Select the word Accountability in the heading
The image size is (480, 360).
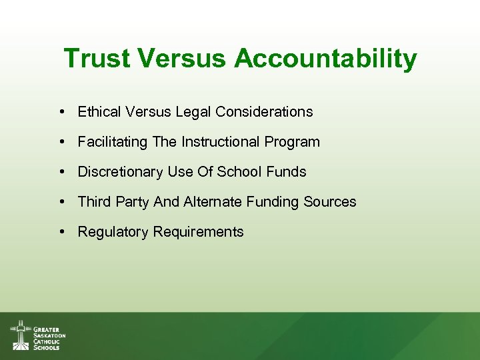point(325,59)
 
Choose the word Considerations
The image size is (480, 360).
point(265,112)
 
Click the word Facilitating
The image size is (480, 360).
point(112,142)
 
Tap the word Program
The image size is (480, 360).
point(292,142)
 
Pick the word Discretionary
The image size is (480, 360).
point(120,172)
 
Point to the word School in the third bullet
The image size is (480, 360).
point(240,172)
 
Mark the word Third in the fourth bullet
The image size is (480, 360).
point(93,202)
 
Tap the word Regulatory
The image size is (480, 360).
point(113,232)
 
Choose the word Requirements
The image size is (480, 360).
point(199,232)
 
